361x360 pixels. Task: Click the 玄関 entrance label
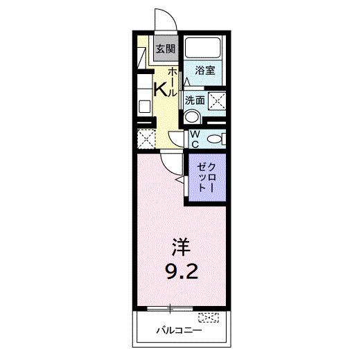(165, 49)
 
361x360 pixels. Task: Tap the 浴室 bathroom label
(204, 70)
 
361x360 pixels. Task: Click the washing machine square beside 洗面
(217, 100)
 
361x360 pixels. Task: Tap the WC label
(195, 138)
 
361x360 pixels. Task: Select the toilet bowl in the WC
(216, 139)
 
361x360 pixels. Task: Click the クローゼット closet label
(207, 178)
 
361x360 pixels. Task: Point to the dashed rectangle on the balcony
(209, 318)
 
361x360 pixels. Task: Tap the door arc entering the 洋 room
(168, 163)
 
